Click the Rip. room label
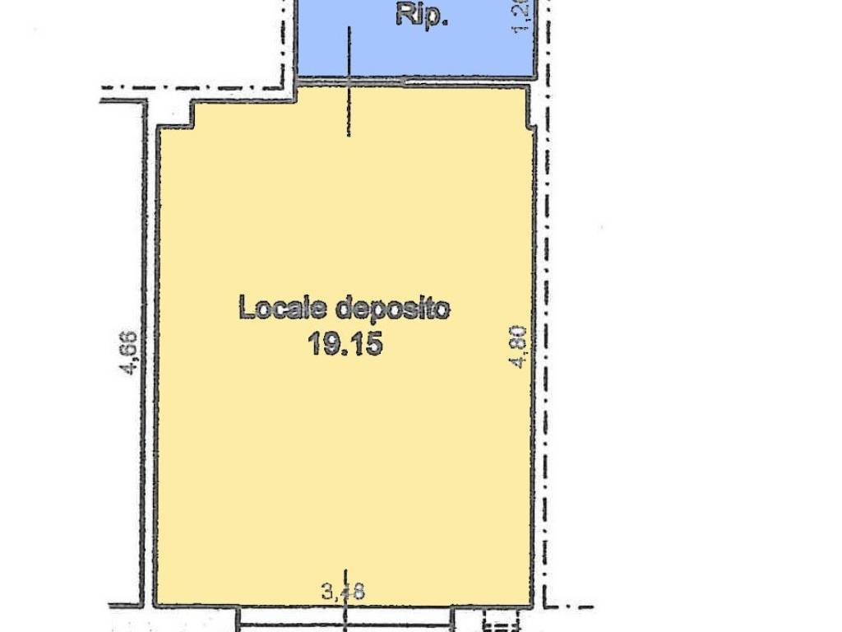coord(422,15)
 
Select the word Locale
coord(281,309)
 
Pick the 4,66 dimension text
coord(129,352)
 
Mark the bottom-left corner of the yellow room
coord(157,603)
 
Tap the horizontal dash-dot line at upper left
coord(197,87)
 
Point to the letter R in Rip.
coord(405,15)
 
